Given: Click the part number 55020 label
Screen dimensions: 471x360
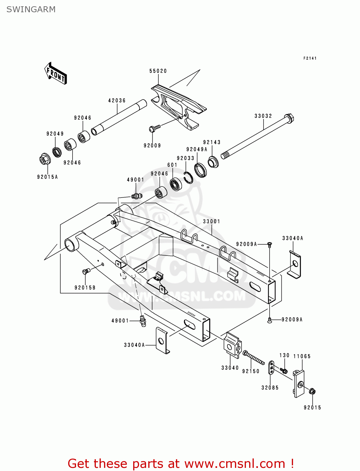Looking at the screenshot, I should tap(158, 71).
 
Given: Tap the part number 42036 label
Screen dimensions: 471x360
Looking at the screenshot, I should tap(117, 100).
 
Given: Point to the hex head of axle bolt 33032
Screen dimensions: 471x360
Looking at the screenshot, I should tap(289, 118).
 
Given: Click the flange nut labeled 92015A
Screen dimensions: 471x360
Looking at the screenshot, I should tap(45, 160).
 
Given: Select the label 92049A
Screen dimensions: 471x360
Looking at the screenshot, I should tap(197, 149).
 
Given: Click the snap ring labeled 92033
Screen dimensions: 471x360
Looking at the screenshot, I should tap(189, 178).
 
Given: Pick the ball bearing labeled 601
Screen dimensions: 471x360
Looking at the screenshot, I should tap(176, 184).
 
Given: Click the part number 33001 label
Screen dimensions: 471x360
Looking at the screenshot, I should tap(211, 221).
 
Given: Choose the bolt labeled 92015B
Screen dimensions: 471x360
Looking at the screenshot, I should tap(86, 271).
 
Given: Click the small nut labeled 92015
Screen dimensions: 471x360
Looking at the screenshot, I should tap(312, 391).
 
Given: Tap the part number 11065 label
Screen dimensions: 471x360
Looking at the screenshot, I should tap(302, 356).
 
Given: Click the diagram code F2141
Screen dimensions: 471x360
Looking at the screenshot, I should tap(310, 58).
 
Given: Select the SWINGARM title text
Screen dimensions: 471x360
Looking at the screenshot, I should tap(31, 9).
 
